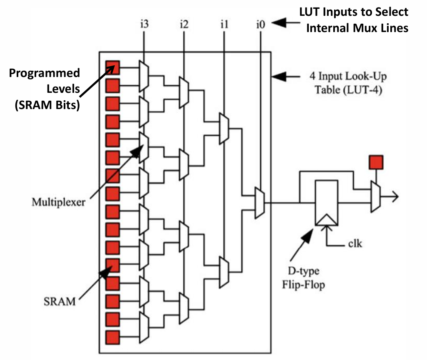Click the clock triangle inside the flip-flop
(327, 219)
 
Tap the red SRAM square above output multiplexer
(376, 162)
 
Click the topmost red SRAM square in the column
(112, 67)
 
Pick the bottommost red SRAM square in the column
(112, 336)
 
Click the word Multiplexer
(58, 202)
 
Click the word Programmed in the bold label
(45, 73)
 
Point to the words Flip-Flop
(305, 286)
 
